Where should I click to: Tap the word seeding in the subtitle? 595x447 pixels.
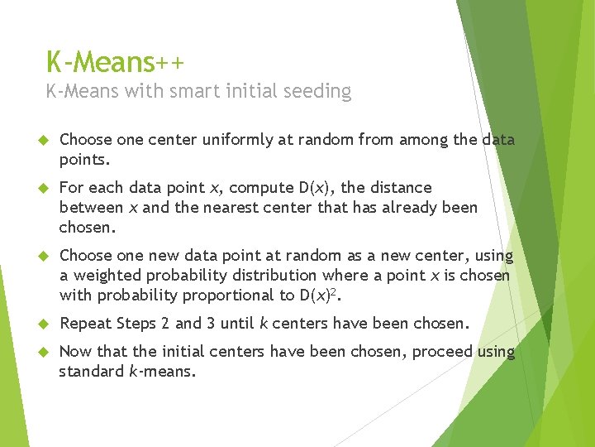318,91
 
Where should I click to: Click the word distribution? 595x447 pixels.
273,275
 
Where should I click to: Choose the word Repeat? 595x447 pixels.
85,323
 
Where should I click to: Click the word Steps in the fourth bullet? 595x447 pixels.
141,323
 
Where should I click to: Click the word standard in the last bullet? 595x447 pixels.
91,372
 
